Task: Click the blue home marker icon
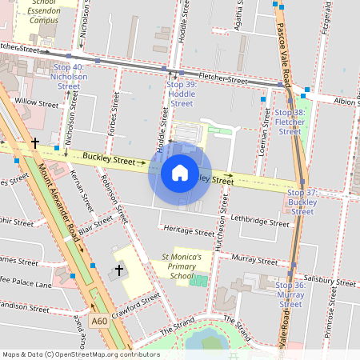click(180, 172)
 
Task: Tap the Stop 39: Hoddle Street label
click(182, 94)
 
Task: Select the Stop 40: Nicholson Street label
click(68, 76)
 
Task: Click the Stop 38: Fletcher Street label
click(289, 122)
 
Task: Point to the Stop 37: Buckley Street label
click(302, 202)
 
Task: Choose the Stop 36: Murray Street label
click(291, 294)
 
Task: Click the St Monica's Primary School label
click(182, 266)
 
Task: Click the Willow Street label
click(37, 103)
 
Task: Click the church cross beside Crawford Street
click(119, 270)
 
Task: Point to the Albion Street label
click(346, 102)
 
